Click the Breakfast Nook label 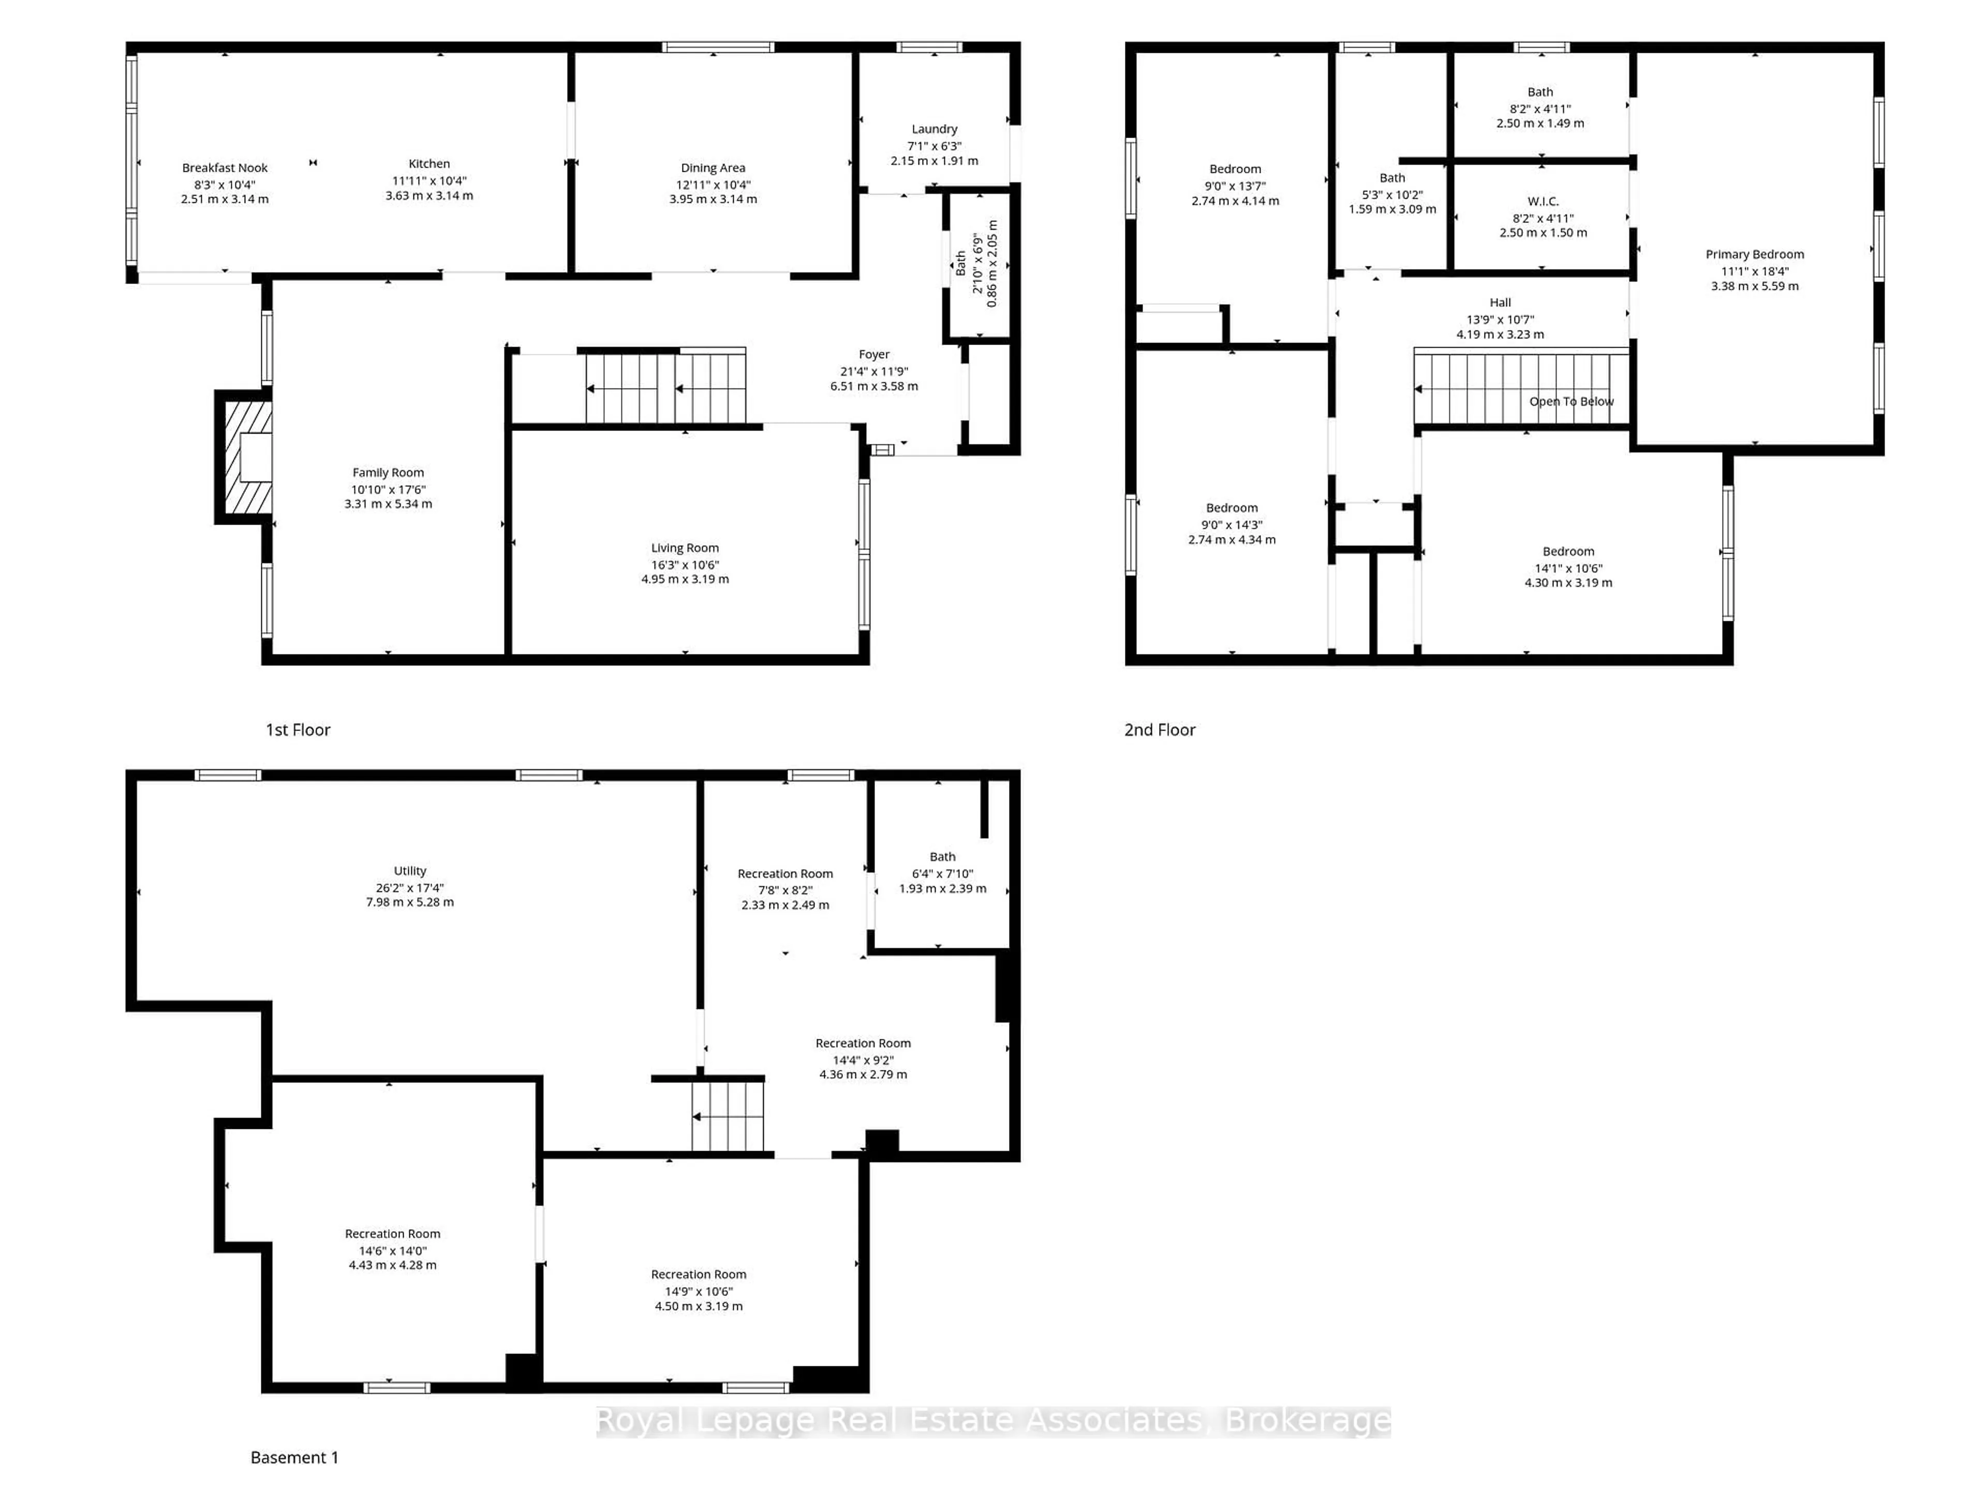225,168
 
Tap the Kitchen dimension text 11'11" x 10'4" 429,181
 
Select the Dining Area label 713,168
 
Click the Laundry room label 934,129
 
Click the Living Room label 685,548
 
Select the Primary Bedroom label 1754,254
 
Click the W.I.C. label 1543,201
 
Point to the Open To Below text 1571,401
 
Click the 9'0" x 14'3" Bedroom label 1232,509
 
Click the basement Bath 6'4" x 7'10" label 942,857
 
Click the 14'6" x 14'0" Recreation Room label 393,1234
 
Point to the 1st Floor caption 298,730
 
